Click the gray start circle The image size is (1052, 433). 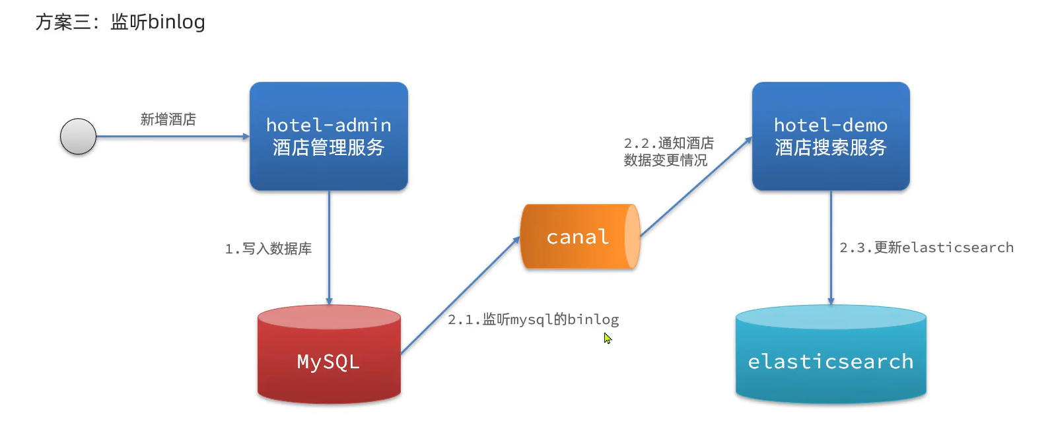[78, 137]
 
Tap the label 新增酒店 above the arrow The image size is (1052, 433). [168, 119]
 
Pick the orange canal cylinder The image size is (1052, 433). [579, 236]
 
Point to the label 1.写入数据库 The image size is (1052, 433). [268, 249]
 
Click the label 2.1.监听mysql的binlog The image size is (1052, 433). [533, 319]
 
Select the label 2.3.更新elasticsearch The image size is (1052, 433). [926, 248]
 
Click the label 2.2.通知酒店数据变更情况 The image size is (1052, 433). [668, 152]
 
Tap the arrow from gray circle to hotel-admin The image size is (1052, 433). [172, 137]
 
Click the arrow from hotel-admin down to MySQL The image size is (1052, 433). [329, 248]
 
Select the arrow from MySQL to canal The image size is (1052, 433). [460, 295]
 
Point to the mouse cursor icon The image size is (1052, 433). [607, 338]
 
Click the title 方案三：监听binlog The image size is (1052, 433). [120, 22]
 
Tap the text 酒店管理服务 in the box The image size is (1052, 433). [328, 147]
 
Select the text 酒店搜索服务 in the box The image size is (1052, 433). [831, 147]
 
